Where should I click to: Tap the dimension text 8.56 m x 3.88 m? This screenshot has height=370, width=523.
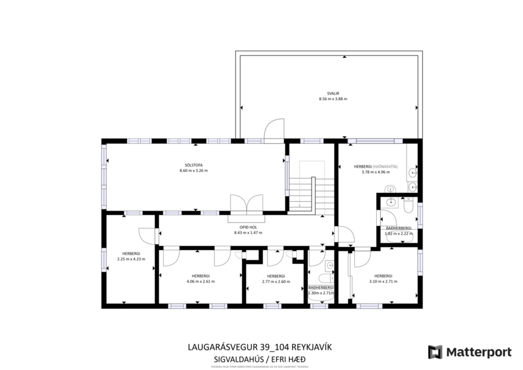point(333,99)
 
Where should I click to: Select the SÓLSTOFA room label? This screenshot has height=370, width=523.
point(193,164)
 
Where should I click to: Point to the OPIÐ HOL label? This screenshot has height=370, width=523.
point(248,227)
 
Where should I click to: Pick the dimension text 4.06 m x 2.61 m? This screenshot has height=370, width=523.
point(201,282)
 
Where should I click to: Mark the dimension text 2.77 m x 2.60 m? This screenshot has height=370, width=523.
point(275,282)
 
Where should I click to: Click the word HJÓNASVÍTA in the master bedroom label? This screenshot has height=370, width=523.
point(385,166)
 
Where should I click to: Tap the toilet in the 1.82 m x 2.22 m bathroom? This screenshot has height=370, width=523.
point(407,205)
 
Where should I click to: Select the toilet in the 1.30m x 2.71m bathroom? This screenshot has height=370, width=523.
point(325,278)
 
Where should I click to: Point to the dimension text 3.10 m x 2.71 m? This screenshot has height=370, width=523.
point(383,282)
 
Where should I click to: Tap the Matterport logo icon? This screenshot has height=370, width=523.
point(436,352)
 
